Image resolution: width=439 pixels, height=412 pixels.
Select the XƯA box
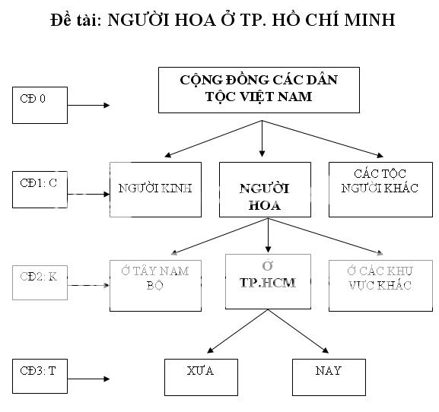click(200, 374)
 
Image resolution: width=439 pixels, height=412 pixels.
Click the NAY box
click(328, 374)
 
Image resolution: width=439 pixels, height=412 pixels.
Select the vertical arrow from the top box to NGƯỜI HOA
click(262, 135)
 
